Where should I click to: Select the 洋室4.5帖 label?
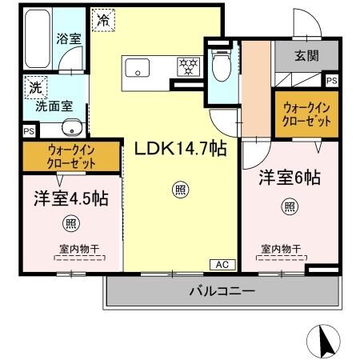[70, 198]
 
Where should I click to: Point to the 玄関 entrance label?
[305, 56]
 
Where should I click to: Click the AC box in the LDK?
[222, 263]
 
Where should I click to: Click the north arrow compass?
[327, 341]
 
